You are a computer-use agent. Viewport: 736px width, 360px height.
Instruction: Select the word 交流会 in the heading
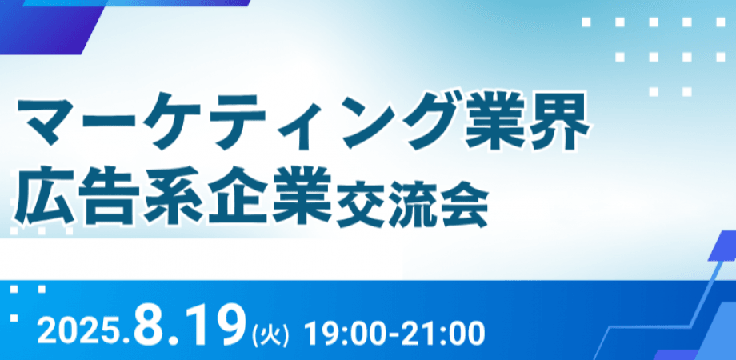(413, 205)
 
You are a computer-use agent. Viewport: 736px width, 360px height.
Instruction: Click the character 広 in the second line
(45, 202)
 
